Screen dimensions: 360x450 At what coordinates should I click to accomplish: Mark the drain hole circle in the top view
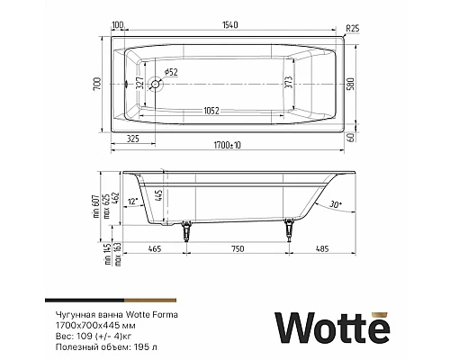click(157, 86)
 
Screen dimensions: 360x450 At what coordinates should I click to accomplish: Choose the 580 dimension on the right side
click(362, 85)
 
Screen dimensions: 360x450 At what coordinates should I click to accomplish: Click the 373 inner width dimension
click(289, 85)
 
